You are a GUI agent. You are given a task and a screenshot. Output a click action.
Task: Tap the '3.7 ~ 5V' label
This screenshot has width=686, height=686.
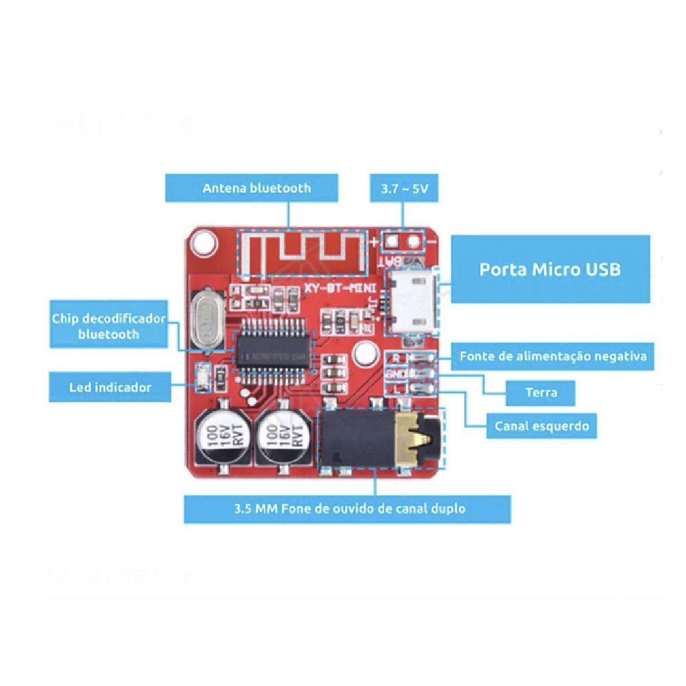click(404, 189)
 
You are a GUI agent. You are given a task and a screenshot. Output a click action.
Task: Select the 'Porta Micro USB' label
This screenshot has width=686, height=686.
click(549, 269)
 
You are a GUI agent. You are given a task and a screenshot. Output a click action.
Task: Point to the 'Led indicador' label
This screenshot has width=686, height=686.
click(110, 387)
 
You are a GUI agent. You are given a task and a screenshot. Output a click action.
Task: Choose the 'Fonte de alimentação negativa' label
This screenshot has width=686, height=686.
click(552, 356)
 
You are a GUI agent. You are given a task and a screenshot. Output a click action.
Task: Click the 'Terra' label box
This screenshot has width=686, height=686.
click(540, 392)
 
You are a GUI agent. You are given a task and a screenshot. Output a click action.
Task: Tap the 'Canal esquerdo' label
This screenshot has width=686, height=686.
click(541, 425)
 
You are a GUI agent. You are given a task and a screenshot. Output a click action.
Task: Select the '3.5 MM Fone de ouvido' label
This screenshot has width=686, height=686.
click(348, 509)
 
